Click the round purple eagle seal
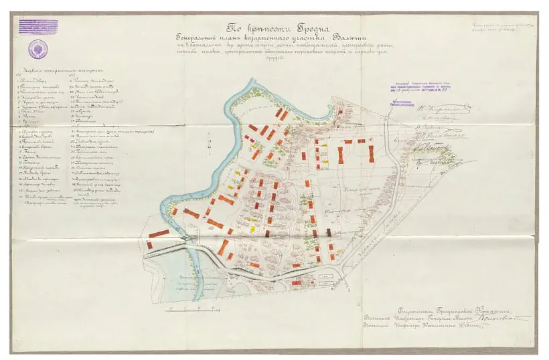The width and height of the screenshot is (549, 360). (x=37, y=49)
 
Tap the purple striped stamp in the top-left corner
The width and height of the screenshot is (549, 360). (x=37, y=26)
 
